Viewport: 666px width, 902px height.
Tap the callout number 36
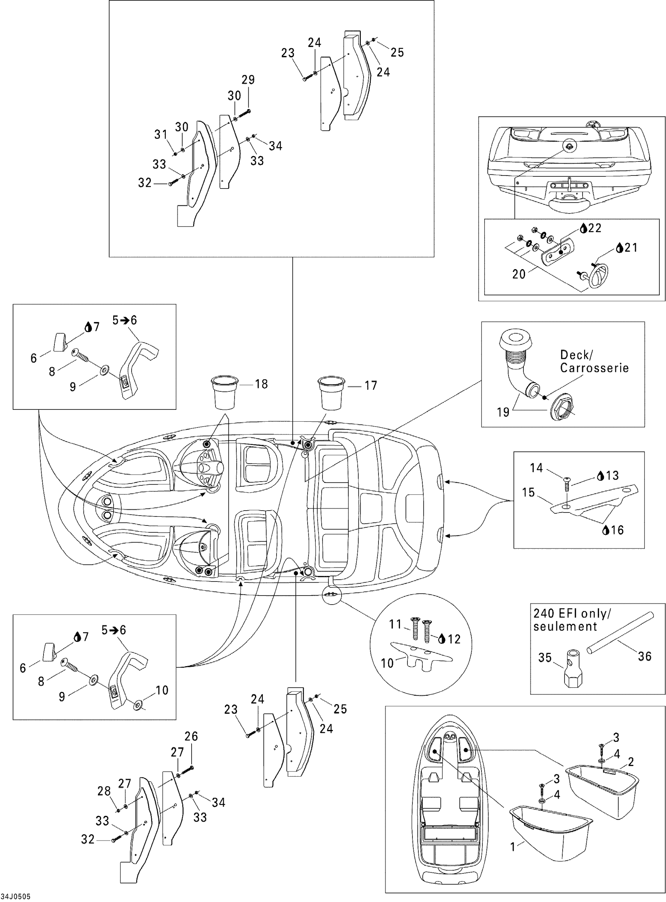point(644,656)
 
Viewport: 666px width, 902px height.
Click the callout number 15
point(528,492)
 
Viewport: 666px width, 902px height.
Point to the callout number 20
point(519,274)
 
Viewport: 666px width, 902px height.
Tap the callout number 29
point(248,80)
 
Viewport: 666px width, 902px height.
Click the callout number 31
point(161,134)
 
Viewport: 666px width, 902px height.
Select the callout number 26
point(191,736)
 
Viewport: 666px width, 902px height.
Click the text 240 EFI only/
point(572,614)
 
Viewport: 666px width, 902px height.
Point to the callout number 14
point(536,468)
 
